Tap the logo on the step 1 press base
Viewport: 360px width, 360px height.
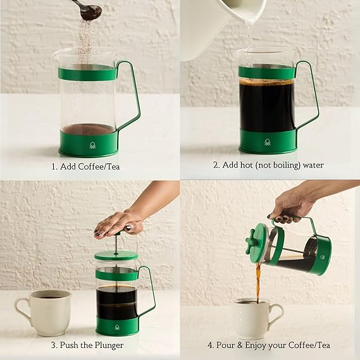coord(92,146)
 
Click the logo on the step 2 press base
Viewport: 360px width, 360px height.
coord(267,142)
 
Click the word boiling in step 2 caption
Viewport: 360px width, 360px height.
coord(287,165)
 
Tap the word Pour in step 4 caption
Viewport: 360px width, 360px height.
coord(225,345)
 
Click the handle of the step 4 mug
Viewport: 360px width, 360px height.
coord(276,314)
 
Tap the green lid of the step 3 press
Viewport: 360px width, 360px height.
coord(116,255)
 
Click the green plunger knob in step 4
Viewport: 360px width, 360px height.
coord(250,242)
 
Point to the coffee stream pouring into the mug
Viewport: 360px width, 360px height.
coord(258,282)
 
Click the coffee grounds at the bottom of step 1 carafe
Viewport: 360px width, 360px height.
coord(88,129)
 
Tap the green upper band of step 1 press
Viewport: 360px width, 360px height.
coord(88,73)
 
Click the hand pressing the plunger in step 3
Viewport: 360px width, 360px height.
coord(120,224)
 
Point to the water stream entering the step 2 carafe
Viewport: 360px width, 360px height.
coord(249,37)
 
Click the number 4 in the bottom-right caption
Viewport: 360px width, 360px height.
coord(210,345)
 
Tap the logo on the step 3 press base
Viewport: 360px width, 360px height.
coord(117,327)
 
